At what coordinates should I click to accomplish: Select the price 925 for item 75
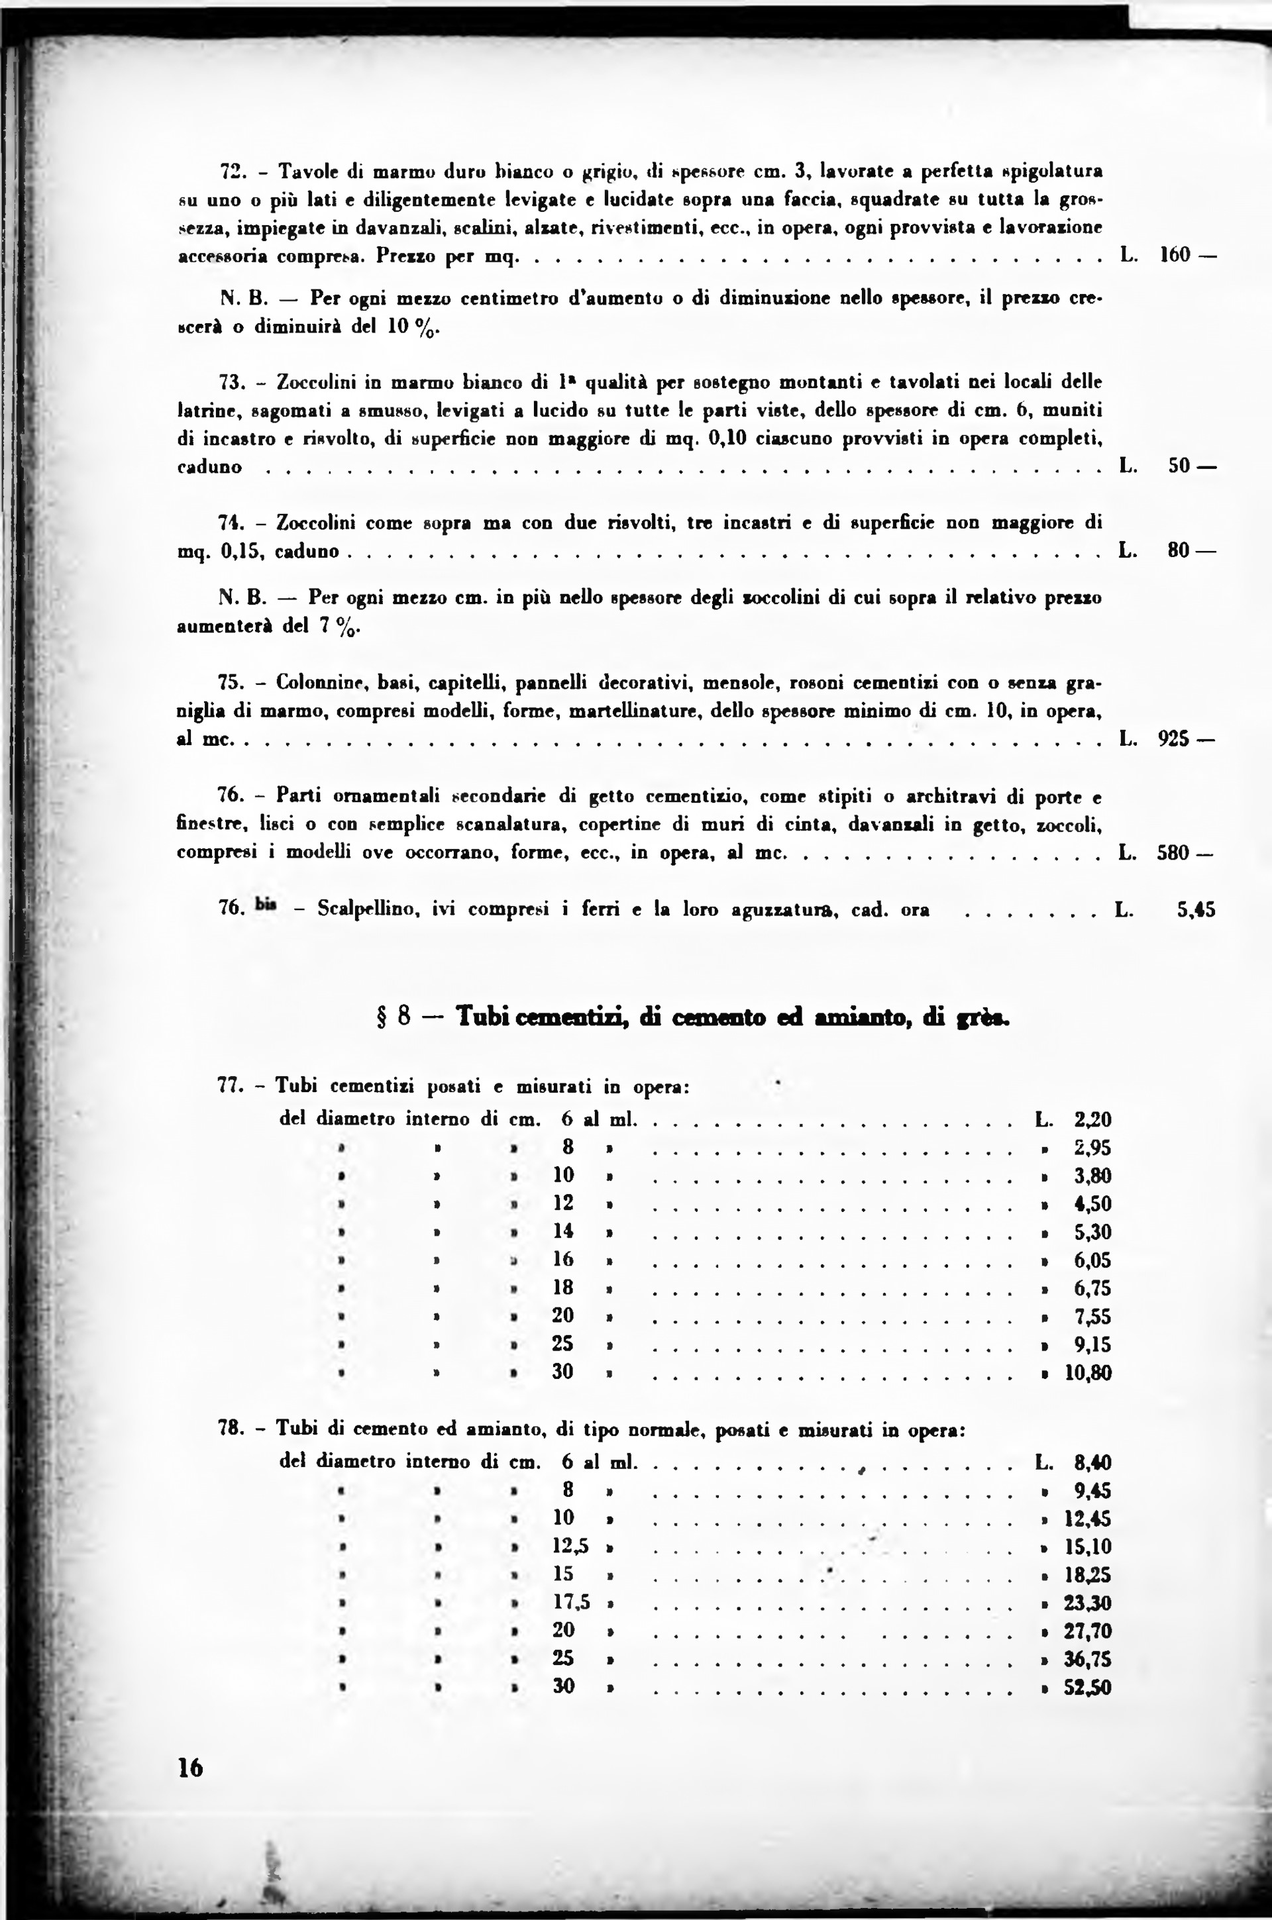[x=1174, y=740]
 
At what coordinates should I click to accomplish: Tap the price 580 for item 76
[x=1174, y=853]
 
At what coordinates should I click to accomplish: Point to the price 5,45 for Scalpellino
[x=1196, y=910]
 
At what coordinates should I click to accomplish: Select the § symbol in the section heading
[x=380, y=1017]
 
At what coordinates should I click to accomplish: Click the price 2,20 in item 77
[x=1092, y=1120]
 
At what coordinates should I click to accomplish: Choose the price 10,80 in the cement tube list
[x=1088, y=1372]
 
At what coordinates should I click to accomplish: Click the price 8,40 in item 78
[x=1092, y=1463]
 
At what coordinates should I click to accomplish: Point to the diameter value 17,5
[x=571, y=1602]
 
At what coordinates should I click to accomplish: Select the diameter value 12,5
[x=571, y=1546]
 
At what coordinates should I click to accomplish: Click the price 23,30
[x=1088, y=1602]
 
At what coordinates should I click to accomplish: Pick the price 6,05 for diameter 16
[x=1092, y=1260]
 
